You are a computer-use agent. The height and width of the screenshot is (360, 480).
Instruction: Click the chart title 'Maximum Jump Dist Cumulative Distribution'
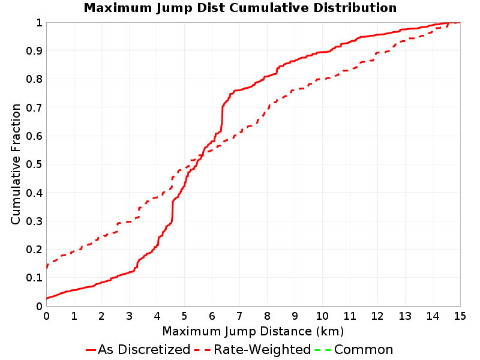pos(240,8)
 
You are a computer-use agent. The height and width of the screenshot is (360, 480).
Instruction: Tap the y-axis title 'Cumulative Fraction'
pos(16,164)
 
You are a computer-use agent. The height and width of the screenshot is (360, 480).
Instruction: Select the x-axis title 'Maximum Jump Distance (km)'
pos(253,332)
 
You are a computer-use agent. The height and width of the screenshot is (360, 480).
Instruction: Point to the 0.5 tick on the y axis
pos(34,164)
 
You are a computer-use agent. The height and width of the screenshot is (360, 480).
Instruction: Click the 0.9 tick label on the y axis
pos(34,51)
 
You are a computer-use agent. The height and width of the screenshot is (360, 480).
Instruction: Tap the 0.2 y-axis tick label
pos(34,250)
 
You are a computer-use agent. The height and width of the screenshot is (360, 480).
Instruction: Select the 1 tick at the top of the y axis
pos(39,22)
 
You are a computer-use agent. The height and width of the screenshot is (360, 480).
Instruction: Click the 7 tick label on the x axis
pos(239,316)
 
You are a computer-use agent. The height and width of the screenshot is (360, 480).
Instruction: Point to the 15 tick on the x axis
pos(460,316)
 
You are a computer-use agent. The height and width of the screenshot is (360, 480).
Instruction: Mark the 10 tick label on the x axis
pos(322,316)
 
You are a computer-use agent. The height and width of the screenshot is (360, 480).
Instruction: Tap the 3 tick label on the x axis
pos(129,316)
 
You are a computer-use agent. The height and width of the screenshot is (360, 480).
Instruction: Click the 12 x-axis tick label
pos(377,316)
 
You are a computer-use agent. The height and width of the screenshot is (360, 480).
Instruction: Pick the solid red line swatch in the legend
pos(91,350)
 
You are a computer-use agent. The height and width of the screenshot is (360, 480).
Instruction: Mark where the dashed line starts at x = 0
pos(47,267)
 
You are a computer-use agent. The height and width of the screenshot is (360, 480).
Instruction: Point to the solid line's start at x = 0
pos(47,298)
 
